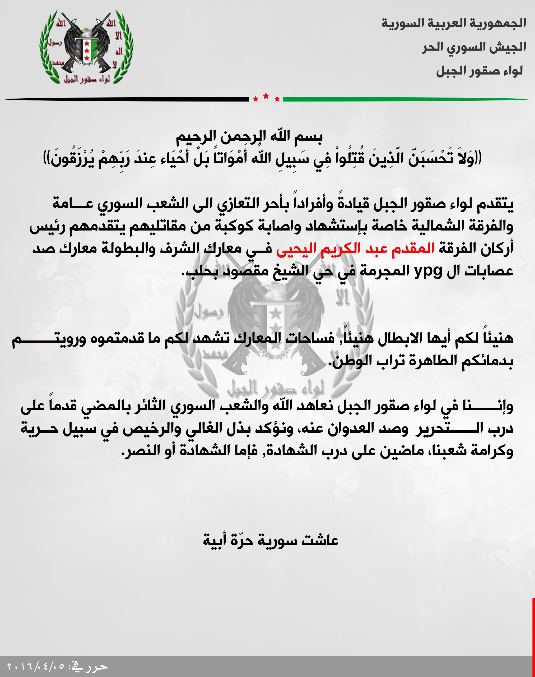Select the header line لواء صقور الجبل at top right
pyautogui.click(x=479, y=71)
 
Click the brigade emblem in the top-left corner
pyautogui.click(x=86, y=47)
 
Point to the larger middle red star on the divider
pyautogui.click(x=266, y=96)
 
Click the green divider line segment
pyautogui.click(x=404, y=99)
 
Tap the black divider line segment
pyautogui.click(x=125, y=99)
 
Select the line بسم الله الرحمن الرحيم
pyautogui.click(x=249, y=137)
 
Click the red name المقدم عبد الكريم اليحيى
pyautogui.click(x=355, y=248)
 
